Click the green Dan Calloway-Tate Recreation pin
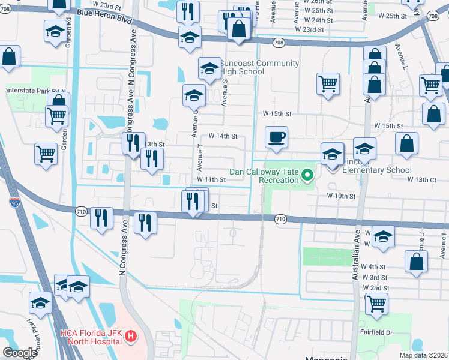pyautogui.click(x=308, y=176)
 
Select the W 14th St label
pyautogui.click(x=223, y=136)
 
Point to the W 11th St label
pyautogui.click(x=211, y=179)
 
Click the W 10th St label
pyautogui.click(x=342, y=196)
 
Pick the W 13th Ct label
pyautogui.click(x=421, y=179)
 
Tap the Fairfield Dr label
pyautogui.click(x=376, y=332)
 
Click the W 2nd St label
pyautogui.click(x=376, y=288)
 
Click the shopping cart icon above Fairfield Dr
pyautogui.click(x=377, y=304)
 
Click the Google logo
pyautogui.click(x=20, y=353)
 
